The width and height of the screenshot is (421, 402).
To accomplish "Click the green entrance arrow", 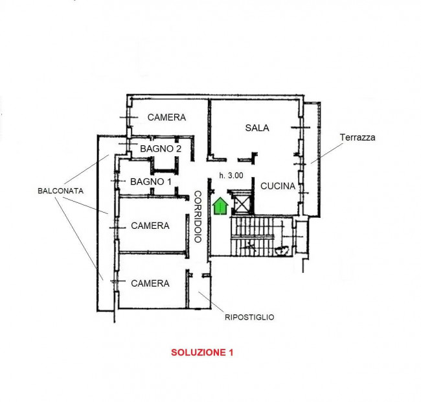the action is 220,206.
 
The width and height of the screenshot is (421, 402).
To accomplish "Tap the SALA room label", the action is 257,128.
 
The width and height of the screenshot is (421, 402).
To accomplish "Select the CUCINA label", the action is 278,186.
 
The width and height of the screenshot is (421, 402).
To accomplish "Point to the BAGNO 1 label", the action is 151,182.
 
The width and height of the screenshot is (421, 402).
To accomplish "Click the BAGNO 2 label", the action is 161,148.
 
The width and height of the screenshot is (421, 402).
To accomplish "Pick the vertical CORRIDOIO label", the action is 198,217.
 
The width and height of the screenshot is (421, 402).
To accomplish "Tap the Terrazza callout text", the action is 358,137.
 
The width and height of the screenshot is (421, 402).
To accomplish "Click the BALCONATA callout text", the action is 60,191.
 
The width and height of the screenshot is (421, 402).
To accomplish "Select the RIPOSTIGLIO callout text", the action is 249,317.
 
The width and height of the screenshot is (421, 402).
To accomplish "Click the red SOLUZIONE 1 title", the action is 202,352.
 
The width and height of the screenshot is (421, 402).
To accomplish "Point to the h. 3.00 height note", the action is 231,176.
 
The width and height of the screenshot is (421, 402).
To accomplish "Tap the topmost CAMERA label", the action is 166,117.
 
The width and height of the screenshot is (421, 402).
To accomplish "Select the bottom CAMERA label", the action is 150,283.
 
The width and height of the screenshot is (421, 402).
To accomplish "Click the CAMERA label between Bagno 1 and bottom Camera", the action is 150,226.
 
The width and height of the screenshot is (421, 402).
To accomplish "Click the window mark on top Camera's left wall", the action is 129,117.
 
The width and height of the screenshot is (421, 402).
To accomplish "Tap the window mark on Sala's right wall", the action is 301,127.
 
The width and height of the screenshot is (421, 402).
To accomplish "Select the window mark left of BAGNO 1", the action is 118,181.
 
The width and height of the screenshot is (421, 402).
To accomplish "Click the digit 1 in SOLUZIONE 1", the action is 231,352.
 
